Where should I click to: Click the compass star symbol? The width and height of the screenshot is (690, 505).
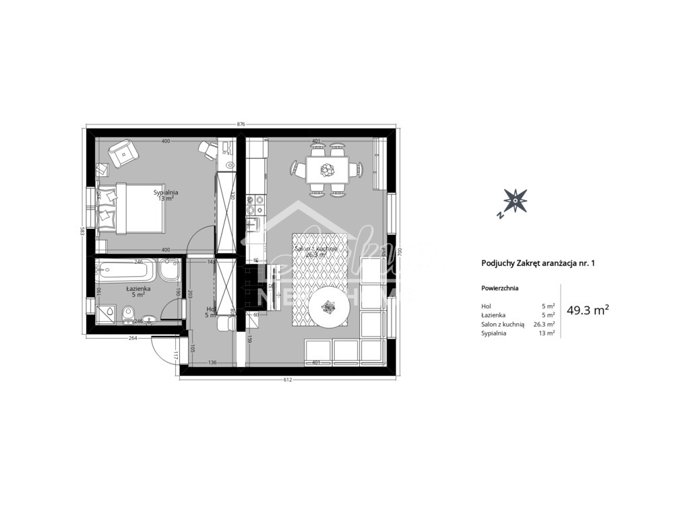click(515, 200)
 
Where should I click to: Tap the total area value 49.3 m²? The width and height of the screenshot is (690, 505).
click(588, 310)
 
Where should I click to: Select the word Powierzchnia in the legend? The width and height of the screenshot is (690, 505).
click(500, 288)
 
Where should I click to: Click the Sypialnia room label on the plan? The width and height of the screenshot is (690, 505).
click(166, 192)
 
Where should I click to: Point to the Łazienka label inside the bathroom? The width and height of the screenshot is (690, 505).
click(138, 288)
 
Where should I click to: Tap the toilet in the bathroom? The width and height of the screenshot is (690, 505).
click(129, 314)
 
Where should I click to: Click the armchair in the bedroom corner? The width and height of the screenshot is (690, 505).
click(123, 152)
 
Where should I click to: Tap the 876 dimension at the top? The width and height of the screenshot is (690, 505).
click(241, 125)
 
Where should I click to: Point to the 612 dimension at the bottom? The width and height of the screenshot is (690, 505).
click(287, 380)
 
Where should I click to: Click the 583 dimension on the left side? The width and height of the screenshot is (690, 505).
click(83, 230)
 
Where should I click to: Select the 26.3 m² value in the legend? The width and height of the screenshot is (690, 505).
click(544, 324)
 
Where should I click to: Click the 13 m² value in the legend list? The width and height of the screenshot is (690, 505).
click(547, 333)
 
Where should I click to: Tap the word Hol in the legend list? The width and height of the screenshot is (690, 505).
click(487, 306)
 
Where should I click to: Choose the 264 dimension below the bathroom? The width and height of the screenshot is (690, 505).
click(133, 339)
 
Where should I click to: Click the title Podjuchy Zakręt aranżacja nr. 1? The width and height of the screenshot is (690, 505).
click(538, 264)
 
